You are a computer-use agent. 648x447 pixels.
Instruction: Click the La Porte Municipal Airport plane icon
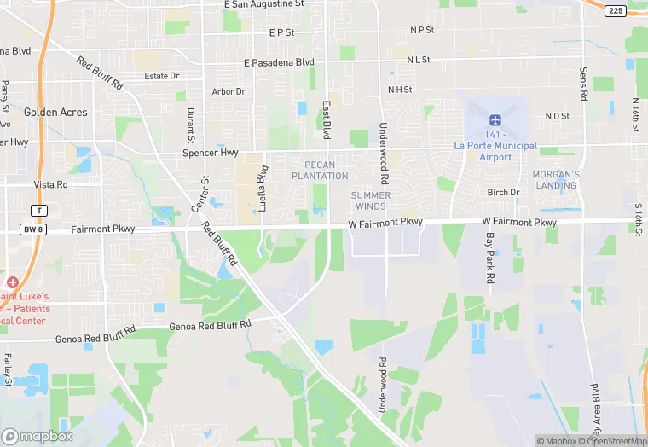coord(495,119)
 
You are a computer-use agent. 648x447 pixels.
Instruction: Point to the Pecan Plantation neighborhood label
coord(320,170)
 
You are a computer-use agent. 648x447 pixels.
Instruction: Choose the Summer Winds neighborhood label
coord(371,200)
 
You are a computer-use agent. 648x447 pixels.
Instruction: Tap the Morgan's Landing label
coord(556,180)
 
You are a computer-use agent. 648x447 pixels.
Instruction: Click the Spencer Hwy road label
coord(210,154)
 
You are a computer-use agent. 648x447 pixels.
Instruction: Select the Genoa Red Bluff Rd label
coord(211,325)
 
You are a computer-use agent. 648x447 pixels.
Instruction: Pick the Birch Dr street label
coord(503,193)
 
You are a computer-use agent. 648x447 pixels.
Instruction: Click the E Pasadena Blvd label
coord(279,62)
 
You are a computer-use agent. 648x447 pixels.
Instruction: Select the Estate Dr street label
coord(162,76)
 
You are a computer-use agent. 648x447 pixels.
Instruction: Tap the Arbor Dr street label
coord(229,91)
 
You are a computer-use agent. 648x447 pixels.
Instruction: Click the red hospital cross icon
coord(12,282)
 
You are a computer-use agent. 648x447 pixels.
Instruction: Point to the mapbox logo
coord(38,436)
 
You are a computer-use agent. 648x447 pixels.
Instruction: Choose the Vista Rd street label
coord(50,184)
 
